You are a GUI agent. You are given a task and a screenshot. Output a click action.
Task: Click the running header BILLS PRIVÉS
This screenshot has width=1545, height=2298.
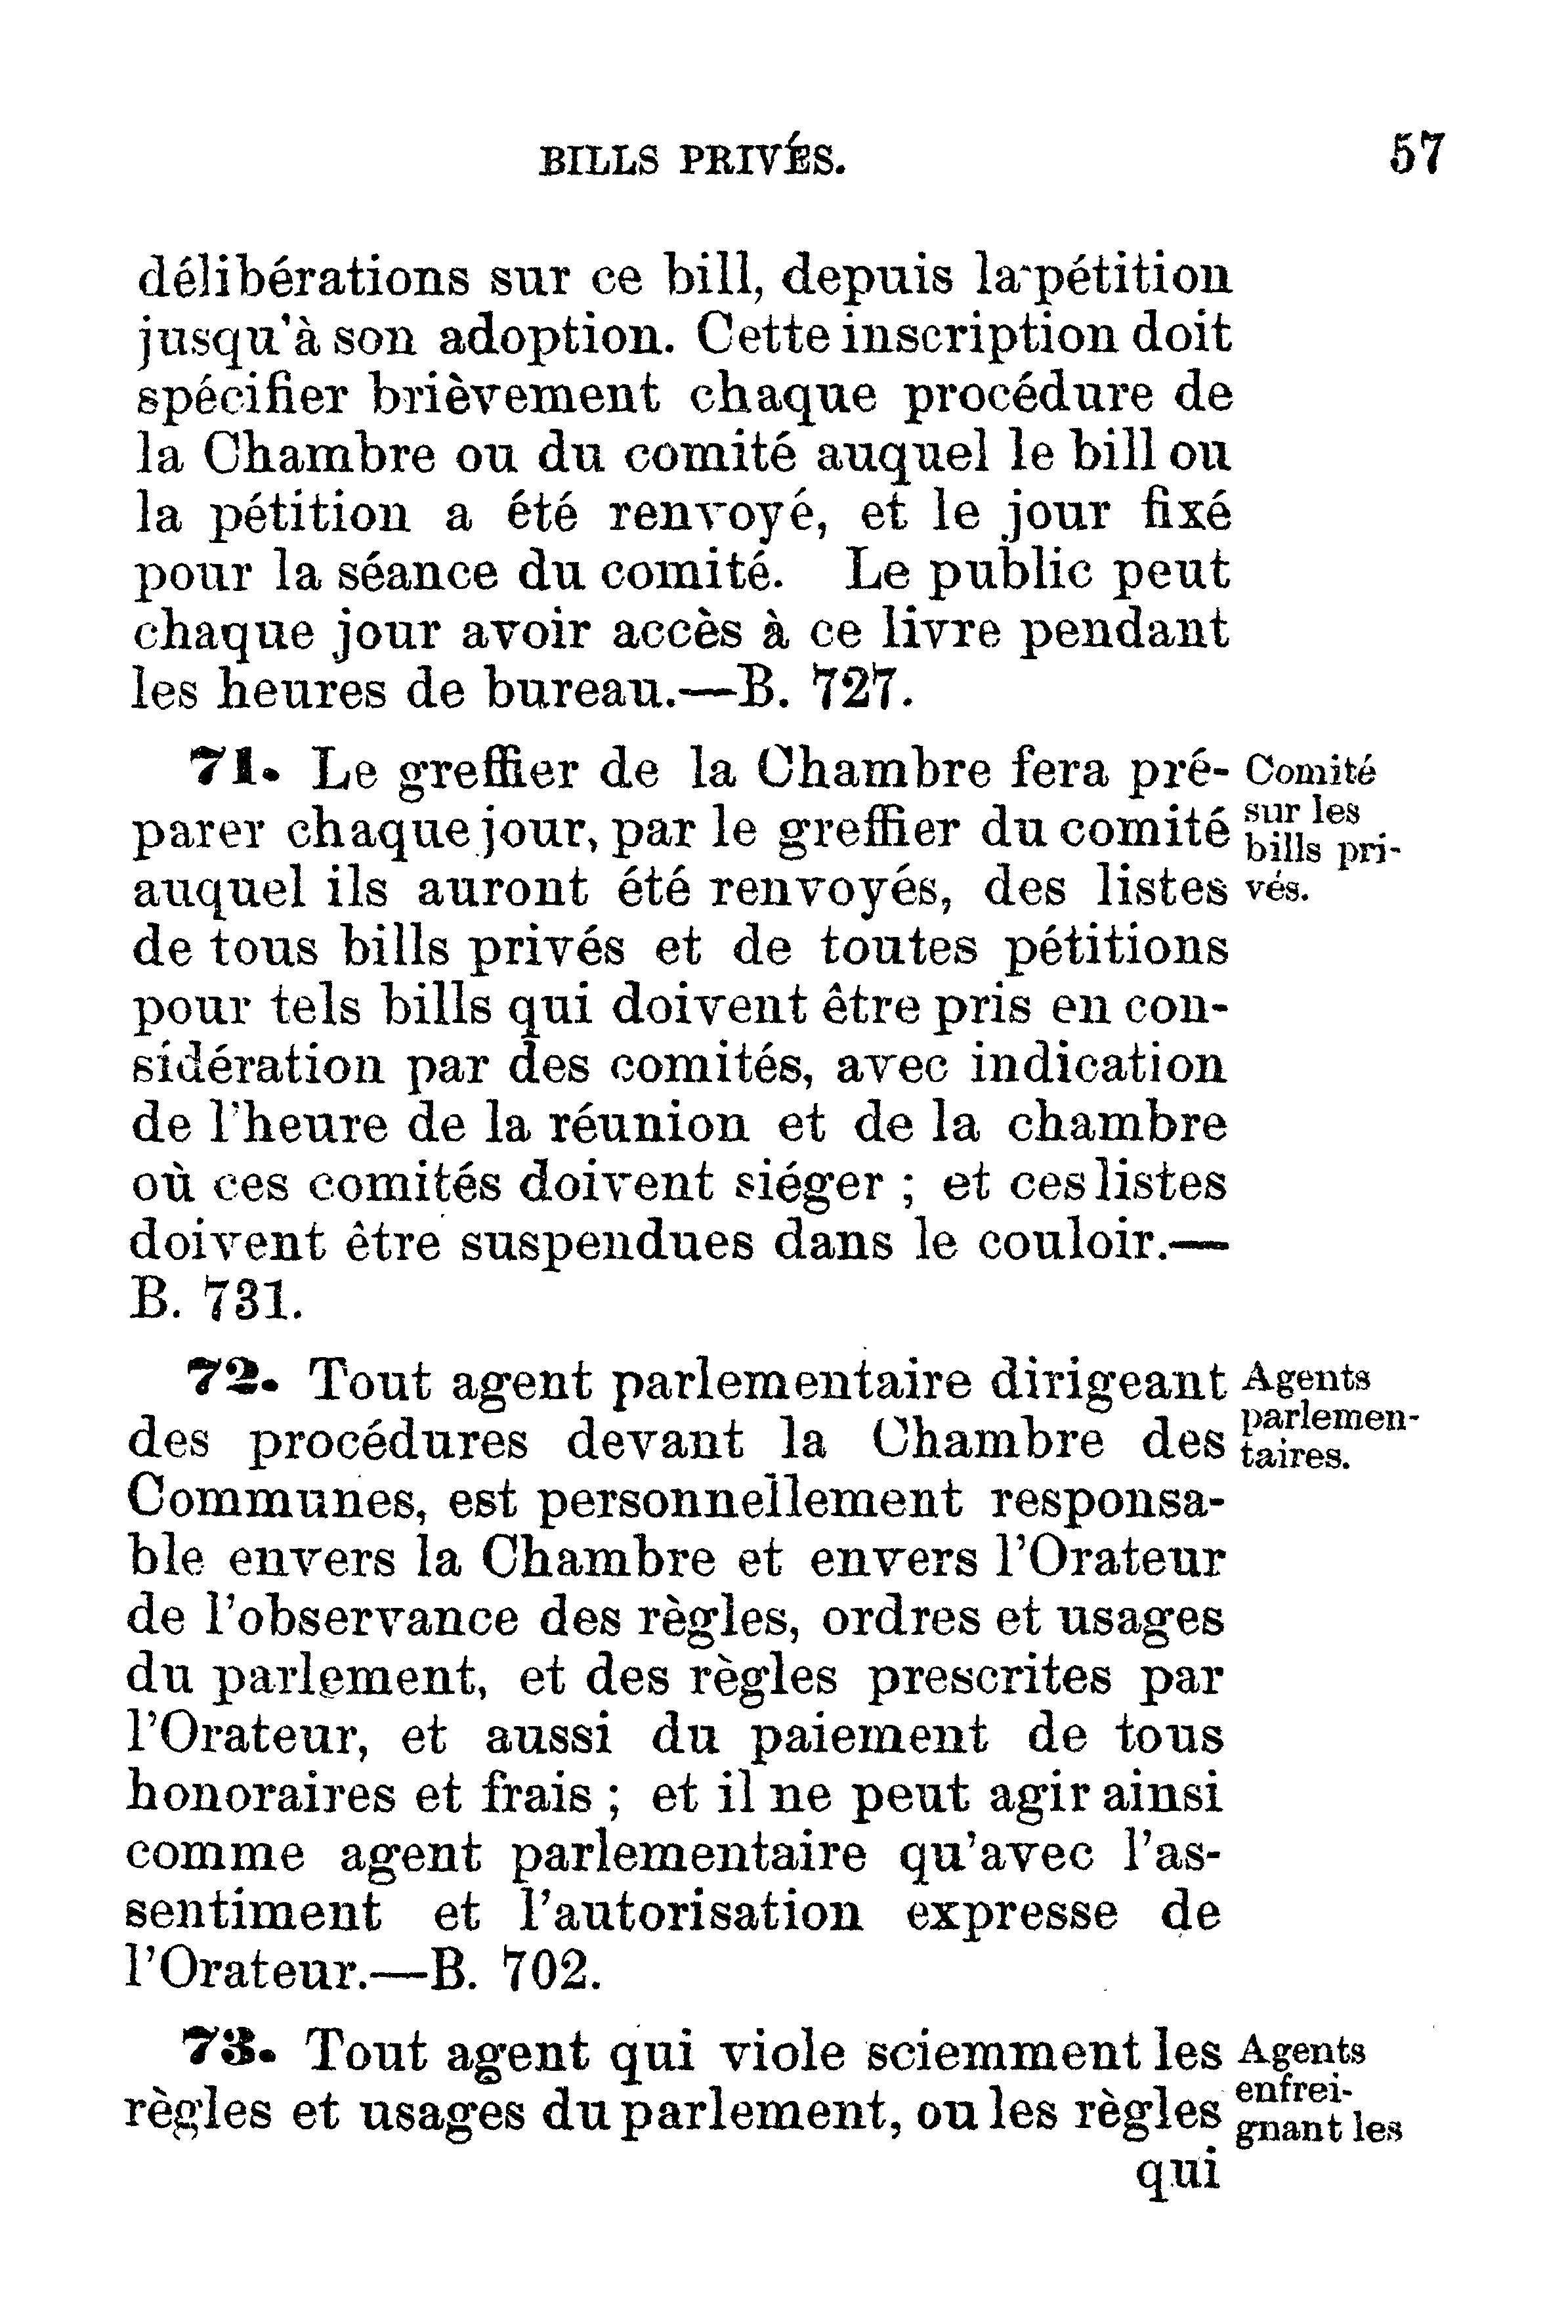pos(692,159)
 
